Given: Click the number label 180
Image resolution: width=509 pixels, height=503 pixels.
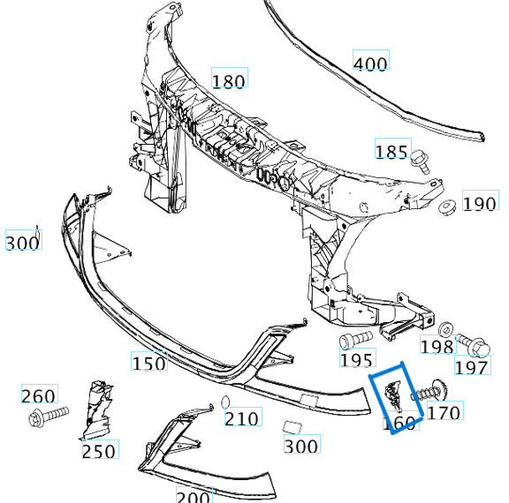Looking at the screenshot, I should click(228, 81).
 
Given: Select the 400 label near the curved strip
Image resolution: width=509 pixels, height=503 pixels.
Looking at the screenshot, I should click(370, 64).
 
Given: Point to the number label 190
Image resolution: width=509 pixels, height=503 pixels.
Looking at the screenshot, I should click(480, 204).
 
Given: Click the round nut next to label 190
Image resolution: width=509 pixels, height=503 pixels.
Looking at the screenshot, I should click(446, 208).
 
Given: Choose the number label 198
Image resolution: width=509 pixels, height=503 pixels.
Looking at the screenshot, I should click(437, 347).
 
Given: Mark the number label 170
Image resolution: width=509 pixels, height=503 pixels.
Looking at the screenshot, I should click(444, 412).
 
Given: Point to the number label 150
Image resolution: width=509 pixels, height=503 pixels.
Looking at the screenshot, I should click(148, 362).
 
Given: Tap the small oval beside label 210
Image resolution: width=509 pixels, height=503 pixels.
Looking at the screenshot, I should click(225, 403).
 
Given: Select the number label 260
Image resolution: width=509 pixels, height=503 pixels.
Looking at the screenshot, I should click(38, 396).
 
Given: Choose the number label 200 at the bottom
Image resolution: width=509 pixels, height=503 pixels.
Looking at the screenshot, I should click(193, 496).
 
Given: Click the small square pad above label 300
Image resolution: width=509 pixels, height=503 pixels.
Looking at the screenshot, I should click(288, 426).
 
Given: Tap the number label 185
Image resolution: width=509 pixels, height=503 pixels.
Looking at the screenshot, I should click(391, 152).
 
